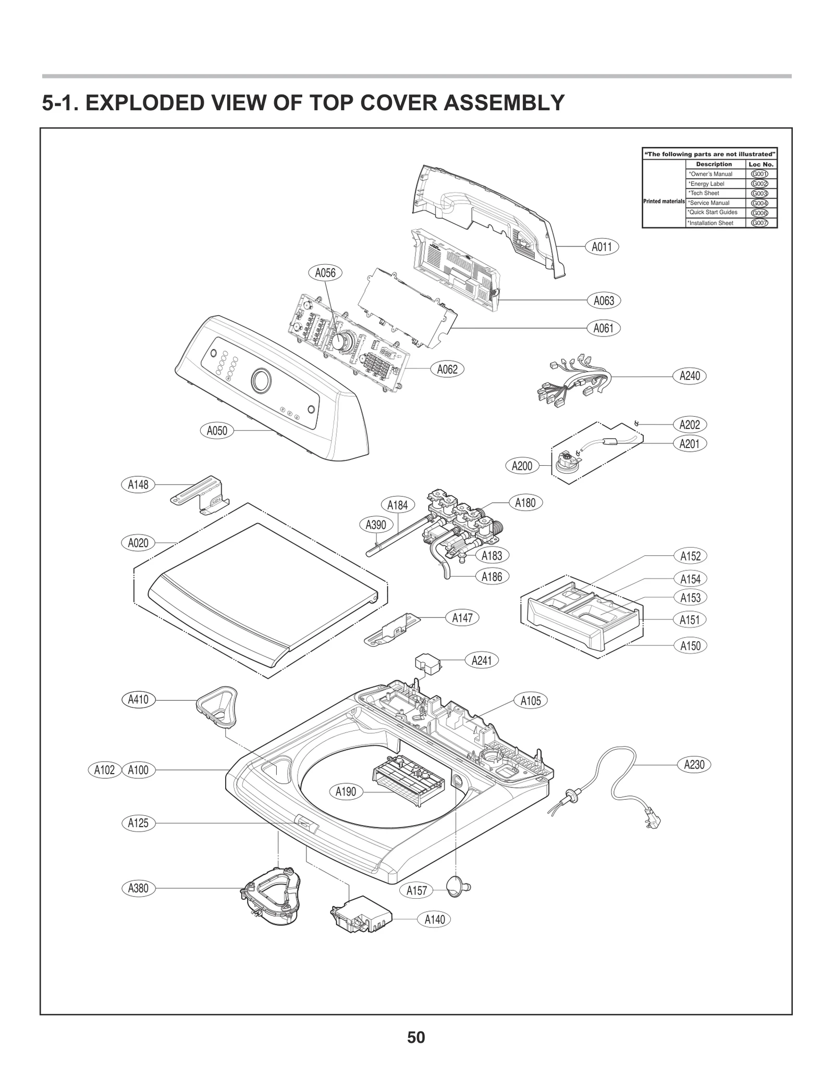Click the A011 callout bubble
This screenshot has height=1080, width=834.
pos(602,246)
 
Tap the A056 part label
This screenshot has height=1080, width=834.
pos(325,272)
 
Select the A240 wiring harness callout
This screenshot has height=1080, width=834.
pos(690,376)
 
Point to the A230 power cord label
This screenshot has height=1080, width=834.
pos(694,764)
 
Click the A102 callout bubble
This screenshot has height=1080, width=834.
pos(104,770)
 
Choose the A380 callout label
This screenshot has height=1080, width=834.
pos(138,888)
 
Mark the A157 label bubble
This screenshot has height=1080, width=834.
pos(416,890)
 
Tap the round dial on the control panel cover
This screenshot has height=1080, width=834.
pos(261,381)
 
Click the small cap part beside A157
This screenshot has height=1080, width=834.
pos(459,884)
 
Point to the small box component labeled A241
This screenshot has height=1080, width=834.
pos(428,664)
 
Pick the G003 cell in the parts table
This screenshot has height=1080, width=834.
pos(759,193)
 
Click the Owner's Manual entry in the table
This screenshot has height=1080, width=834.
pos(711,174)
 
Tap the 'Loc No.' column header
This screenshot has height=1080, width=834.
pos(761,164)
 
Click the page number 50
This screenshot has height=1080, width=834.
pos(416,1037)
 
